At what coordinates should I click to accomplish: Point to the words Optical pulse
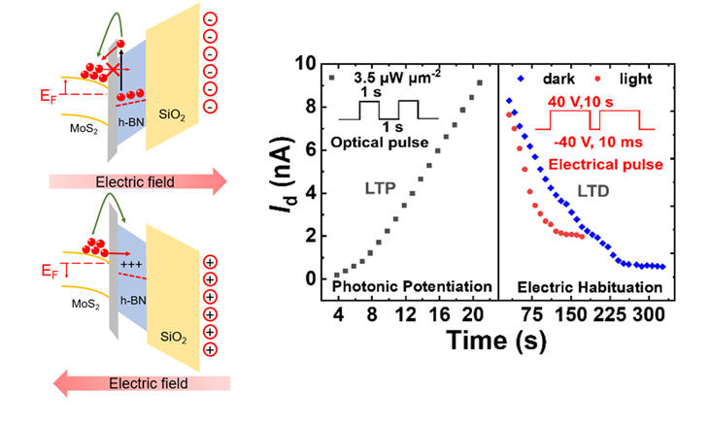coord(383,141)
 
